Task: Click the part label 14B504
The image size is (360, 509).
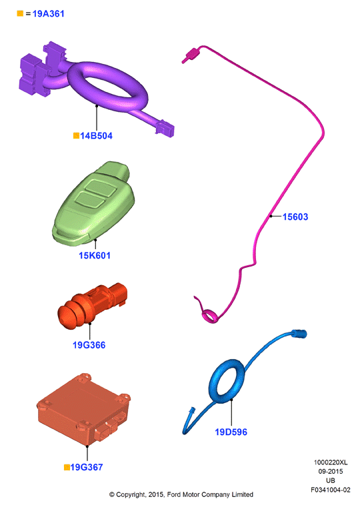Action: pyautogui.click(x=96, y=136)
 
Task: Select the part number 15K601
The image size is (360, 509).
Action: pyautogui.click(x=95, y=255)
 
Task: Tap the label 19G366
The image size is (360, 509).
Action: pyautogui.click(x=89, y=344)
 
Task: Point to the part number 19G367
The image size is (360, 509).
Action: pyautogui.click(x=87, y=467)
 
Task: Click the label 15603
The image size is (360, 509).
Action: pyautogui.click(x=295, y=217)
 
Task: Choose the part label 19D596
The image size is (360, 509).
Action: pyautogui.click(x=231, y=432)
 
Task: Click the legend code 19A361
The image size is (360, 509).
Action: pyautogui.click(x=49, y=13)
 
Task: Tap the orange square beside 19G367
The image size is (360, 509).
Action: pyautogui.click(x=67, y=467)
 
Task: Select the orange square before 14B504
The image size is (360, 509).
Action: pyautogui.click(x=77, y=135)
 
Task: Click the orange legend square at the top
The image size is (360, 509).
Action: pyautogui.click(x=20, y=13)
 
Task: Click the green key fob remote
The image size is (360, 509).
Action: pyautogui.click(x=94, y=203)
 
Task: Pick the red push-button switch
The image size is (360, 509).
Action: pyautogui.click(x=92, y=305)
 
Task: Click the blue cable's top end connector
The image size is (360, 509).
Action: pyautogui.click(x=299, y=334)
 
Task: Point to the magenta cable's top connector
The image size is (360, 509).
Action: pyautogui.click(x=191, y=55)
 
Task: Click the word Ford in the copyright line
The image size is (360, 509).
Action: pyautogui.click(x=174, y=494)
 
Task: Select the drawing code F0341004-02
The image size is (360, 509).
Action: pyautogui.click(x=331, y=490)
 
